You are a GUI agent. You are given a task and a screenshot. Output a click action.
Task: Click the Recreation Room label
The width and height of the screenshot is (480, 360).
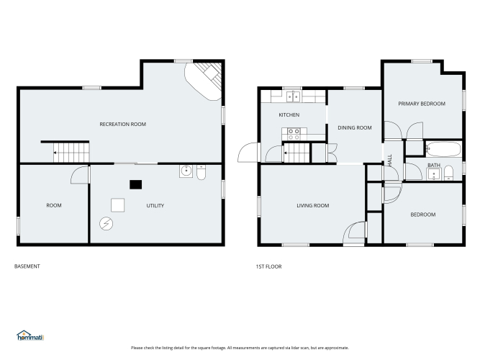click(123, 124)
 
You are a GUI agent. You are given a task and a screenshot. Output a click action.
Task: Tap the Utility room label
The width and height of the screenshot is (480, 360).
click(155, 206)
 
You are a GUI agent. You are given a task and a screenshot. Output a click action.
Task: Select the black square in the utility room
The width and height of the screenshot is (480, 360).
click(135, 184)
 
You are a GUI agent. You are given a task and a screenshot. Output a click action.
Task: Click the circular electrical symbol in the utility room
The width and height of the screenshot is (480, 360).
click(107, 224)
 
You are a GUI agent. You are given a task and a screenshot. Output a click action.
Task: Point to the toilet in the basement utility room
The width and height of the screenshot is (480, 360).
click(201, 172)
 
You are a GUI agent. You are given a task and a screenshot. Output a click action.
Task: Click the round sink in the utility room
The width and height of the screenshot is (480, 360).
click(186, 171)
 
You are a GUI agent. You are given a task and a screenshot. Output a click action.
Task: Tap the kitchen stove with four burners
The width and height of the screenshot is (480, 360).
click(294, 134)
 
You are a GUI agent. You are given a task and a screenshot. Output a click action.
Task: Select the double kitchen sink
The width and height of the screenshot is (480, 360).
click(294, 96)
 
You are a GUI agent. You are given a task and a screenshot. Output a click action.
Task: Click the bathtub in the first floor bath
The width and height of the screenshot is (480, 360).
click(443, 149)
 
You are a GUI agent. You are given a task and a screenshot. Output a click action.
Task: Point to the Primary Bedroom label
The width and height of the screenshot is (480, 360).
click(422, 104)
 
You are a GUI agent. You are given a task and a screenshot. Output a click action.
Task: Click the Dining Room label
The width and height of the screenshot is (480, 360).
click(355, 127)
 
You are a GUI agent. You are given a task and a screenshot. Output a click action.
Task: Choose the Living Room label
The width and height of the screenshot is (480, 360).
click(313, 206)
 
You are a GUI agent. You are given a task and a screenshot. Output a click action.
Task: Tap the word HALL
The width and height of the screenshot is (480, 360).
click(390, 161)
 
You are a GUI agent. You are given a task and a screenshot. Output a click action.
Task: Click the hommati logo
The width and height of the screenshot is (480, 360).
click(30, 336)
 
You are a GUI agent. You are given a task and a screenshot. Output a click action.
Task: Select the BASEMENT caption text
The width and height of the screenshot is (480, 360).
click(27, 266)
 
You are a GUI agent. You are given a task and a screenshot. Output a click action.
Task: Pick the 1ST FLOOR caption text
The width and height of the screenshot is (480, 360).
click(268, 266)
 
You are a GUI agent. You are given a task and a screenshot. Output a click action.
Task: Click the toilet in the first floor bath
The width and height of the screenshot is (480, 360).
click(448, 173)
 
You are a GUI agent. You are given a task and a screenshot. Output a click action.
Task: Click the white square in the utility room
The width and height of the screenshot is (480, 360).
click(117, 205)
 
